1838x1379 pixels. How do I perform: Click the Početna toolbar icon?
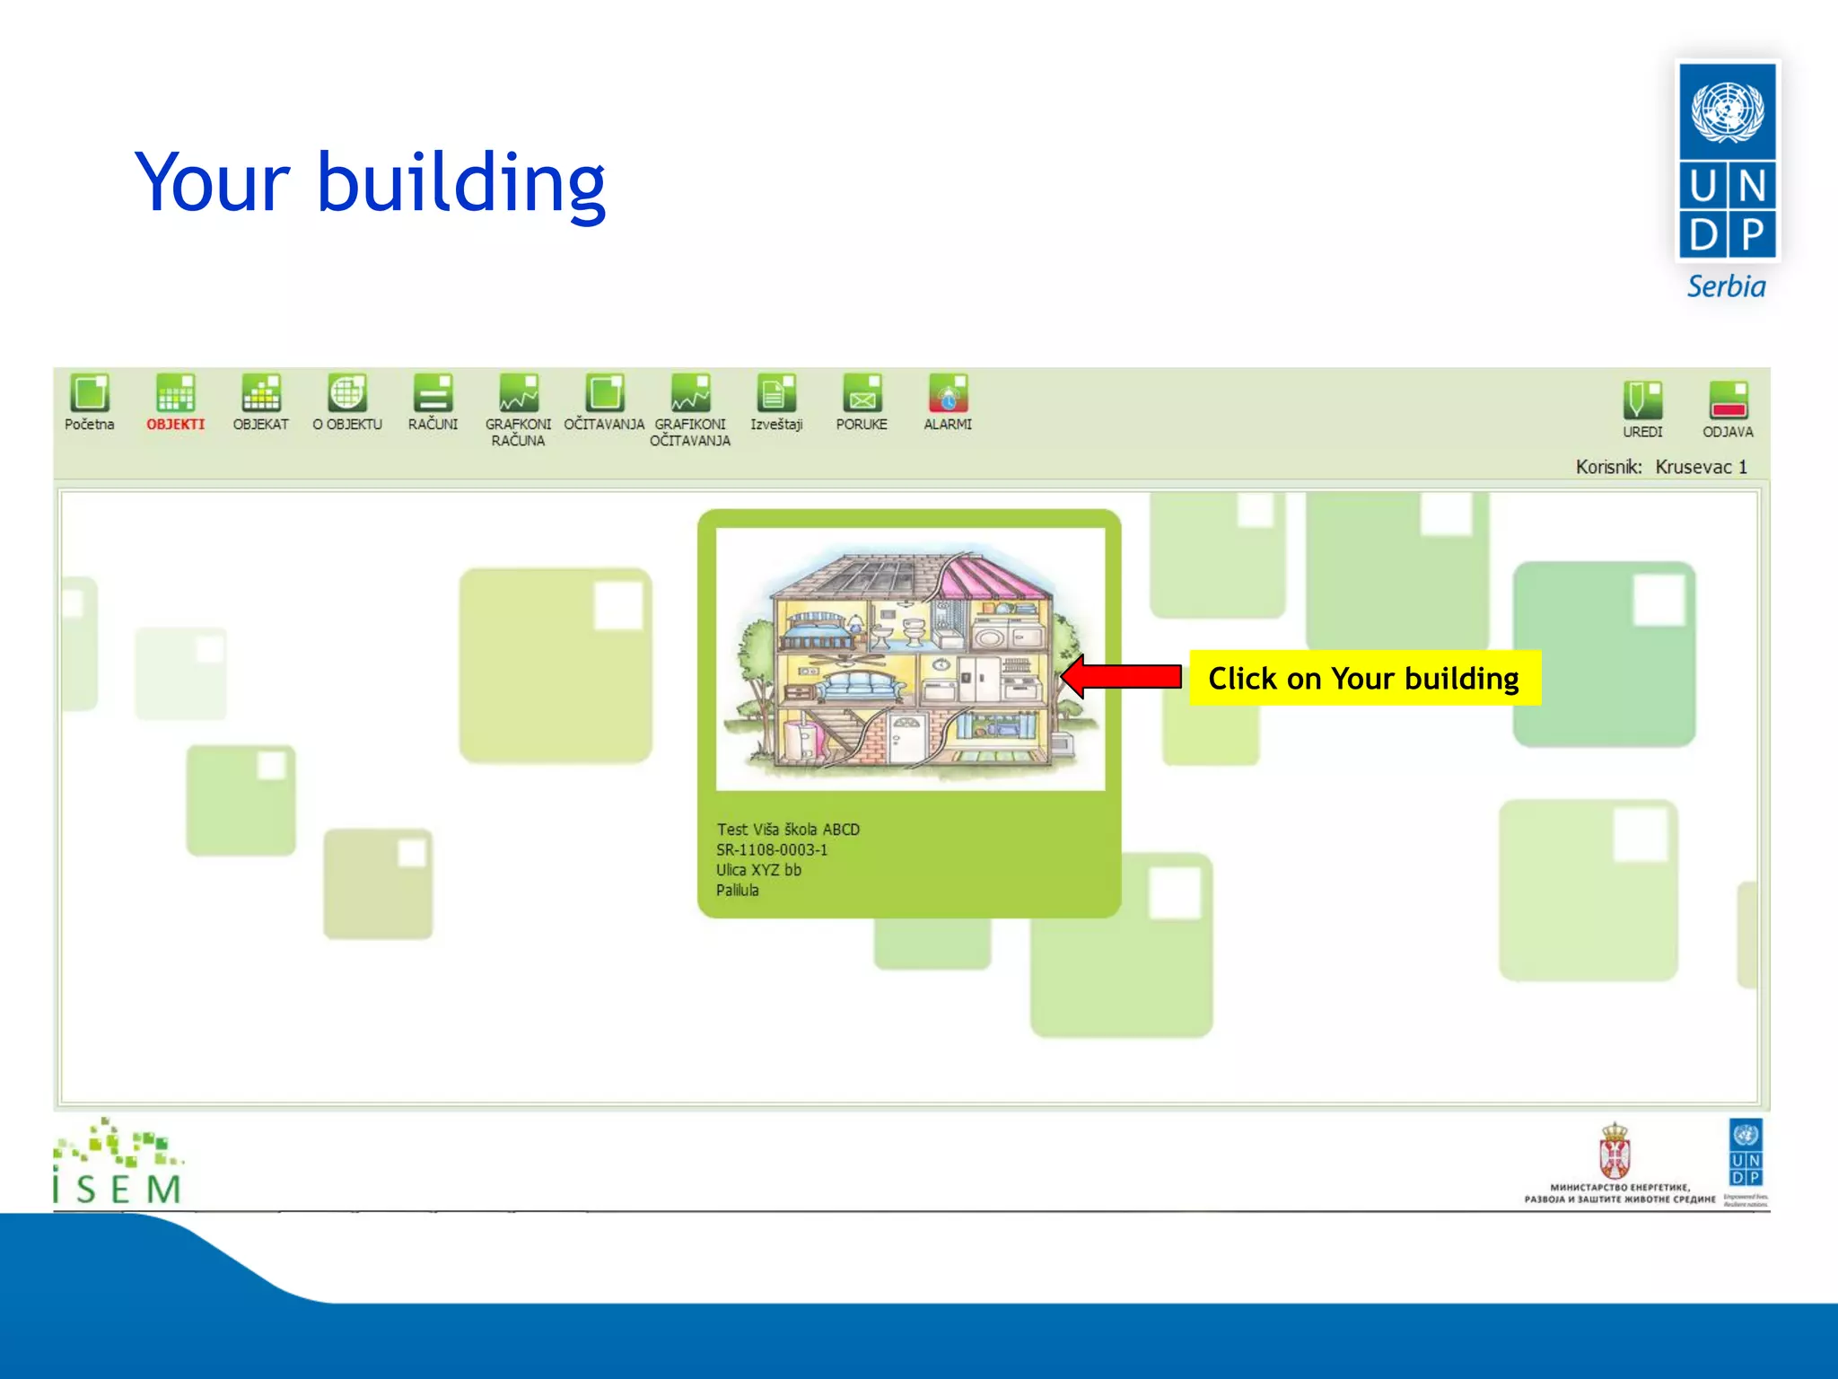pos(90,393)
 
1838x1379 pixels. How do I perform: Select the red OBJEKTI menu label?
pos(176,425)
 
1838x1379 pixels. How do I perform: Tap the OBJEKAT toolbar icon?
pos(261,393)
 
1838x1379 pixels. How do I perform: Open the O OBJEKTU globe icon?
pos(347,393)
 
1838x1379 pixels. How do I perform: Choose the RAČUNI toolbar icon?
pos(433,393)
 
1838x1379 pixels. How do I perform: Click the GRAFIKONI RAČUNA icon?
pos(519,393)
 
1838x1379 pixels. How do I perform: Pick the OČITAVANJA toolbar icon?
pos(605,393)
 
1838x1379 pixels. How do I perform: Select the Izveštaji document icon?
pos(776,393)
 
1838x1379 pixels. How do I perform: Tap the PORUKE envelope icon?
pos(862,393)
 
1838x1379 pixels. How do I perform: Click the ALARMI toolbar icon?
pos(948,393)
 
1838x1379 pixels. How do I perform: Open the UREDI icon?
pos(1642,400)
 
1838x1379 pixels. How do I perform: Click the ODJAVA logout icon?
pos(1728,400)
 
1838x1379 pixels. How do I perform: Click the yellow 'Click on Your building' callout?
pos(1364,679)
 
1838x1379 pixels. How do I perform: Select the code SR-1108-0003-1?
pos(772,850)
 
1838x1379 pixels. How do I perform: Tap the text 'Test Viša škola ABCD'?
pos(788,830)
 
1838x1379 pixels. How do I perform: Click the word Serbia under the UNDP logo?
pos(1726,287)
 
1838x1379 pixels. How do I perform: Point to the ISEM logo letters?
pos(118,1189)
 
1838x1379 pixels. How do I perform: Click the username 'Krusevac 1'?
pos(1701,467)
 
